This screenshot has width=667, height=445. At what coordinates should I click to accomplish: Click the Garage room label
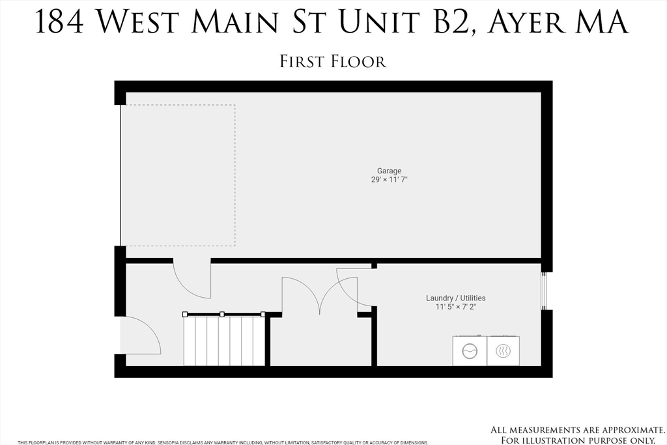click(389, 171)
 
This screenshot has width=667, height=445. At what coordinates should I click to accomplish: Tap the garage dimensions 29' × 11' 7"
click(389, 180)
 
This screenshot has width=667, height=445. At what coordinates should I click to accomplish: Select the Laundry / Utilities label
click(455, 298)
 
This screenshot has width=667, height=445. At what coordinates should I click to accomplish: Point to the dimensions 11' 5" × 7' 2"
click(455, 307)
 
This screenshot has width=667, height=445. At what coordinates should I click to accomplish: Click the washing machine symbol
click(470, 351)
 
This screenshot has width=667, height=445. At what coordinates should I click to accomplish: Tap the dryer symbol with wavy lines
click(503, 351)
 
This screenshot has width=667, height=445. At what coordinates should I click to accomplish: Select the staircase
click(224, 340)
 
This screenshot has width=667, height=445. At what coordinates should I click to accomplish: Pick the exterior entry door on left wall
click(139, 336)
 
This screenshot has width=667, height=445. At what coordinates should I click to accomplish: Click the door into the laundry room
click(356, 287)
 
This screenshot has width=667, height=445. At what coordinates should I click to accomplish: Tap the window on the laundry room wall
click(544, 291)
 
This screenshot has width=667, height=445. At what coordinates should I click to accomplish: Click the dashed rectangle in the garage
click(178, 175)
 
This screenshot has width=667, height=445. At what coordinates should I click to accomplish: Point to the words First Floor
click(333, 61)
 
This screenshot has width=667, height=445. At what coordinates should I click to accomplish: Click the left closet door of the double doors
click(300, 295)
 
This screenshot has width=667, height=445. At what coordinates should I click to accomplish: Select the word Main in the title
click(236, 22)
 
